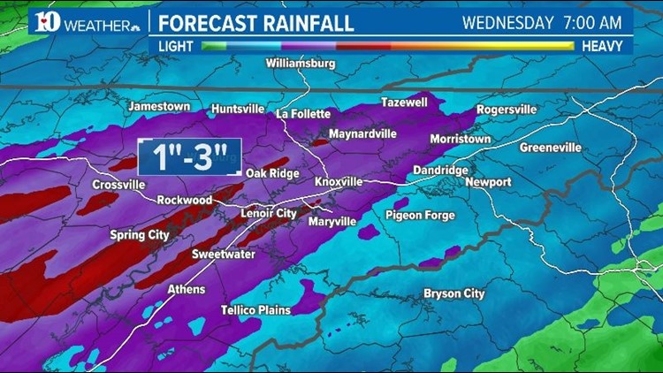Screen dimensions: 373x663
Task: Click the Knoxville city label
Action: [x=339, y=182]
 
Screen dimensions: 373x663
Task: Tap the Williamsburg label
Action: [x=301, y=65]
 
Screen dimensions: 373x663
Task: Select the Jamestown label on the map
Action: [x=159, y=106]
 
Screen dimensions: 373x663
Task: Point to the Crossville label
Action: [x=118, y=185]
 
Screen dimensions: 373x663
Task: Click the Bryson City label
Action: [x=454, y=293]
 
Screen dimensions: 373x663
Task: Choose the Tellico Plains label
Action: [x=255, y=310]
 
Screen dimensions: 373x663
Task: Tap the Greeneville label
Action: [x=551, y=148]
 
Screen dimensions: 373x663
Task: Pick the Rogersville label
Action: [x=507, y=110]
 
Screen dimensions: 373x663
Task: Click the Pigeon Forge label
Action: [x=420, y=216]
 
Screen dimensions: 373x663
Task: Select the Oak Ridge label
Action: [x=272, y=174]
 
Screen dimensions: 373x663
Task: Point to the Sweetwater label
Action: [x=224, y=255]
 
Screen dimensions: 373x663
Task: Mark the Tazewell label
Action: [x=404, y=103]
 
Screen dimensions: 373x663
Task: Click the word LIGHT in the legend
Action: [x=176, y=45]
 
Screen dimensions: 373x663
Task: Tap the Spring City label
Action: [x=140, y=235]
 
